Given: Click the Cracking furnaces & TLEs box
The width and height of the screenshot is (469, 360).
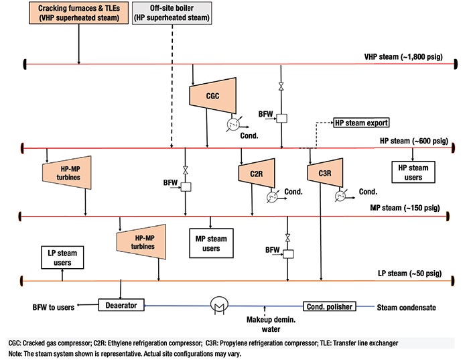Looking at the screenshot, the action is pyautogui.click(x=78, y=13).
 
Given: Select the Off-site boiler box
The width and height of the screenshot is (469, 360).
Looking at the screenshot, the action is pyautogui.click(x=172, y=13).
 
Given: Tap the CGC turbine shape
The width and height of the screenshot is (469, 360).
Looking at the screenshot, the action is pyautogui.click(x=212, y=95).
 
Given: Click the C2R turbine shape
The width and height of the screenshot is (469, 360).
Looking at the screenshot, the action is pyautogui.click(x=257, y=173).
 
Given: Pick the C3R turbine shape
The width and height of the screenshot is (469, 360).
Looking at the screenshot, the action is pyautogui.click(x=325, y=173).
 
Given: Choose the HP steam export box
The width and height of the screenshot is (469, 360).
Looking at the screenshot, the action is pyautogui.click(x=361, y=123).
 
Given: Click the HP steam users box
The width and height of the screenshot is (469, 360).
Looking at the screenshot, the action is pyautogui.click(x=413, y=172).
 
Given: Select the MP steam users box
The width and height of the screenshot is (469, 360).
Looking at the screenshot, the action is pyautogui.click(x=211, y=243).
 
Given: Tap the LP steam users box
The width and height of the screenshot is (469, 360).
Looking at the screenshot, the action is pyautogui.click(x=62, y=257).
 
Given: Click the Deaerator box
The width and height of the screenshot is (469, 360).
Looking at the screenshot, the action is pyautogui.click(x=121, y=305).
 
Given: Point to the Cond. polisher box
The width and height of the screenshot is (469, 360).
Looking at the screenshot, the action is pyautogui.click(x=330, y=306).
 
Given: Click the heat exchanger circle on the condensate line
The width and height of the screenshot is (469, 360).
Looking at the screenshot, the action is pyautogui.click(x=219, y=304).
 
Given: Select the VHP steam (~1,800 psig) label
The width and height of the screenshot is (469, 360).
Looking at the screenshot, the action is pyautogui.click(x=403, y=56).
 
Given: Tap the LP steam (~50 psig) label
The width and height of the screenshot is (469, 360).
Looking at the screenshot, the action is pyautogui.click(x=409, y=274).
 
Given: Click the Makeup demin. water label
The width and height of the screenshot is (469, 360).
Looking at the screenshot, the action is pyautogui.click(x=271, y=324).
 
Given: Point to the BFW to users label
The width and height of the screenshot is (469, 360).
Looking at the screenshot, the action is pyautogui.click(x=53, y=307).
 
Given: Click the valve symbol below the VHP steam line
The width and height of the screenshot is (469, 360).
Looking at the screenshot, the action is pyautogui.click(x=281, y=86).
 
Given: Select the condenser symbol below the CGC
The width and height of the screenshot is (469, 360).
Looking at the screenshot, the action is pyautogui.click(x=233, y=124).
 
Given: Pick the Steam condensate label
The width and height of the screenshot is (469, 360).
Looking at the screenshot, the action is pyautogui.click(x=406, y=307).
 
